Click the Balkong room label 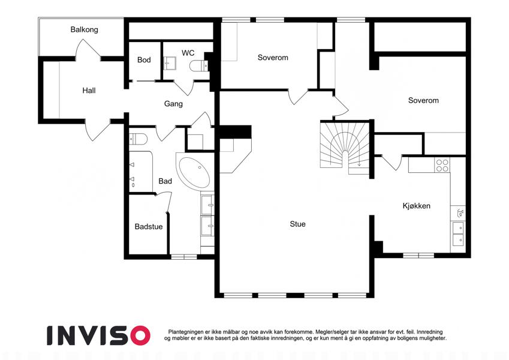(x=84, y=29)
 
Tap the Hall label (x=89, y=91)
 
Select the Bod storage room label (x=144, y=60)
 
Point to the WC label (x=188, y=53)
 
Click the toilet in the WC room (x=198, y=66)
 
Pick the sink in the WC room (x=170, y=63)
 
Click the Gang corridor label (x=173, y=104)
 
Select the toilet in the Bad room (x=138, y=139)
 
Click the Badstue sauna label (x=149, y=226)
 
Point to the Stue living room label (x=298, y=224)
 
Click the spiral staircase (x=345, y=147)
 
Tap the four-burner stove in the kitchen (x=442, y=166)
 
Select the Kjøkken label (x=417, y=206)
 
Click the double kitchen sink (x=458, y=233)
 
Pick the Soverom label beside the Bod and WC (x=273, y=58)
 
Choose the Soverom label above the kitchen (x=423, y=100)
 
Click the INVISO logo (x=99, y=335)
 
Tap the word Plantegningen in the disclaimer (x=186, y=332)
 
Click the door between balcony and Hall (x=88, y=49)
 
